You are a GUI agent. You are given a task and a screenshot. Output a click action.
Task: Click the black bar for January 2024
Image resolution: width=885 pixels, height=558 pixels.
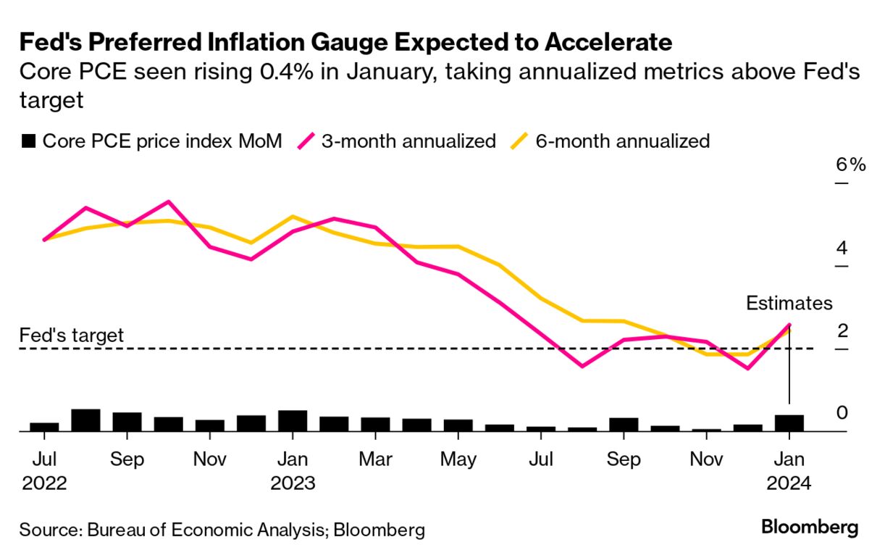point(789,423)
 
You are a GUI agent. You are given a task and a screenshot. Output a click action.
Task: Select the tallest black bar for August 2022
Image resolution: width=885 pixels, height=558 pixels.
point(85,420)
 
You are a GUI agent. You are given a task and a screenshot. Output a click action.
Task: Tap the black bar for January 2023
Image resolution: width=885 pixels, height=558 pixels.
point(293,421)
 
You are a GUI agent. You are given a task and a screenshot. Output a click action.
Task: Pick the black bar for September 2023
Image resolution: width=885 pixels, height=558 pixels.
point(624,425)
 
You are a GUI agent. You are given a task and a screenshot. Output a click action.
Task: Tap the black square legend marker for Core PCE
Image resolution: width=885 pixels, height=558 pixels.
point(28,141)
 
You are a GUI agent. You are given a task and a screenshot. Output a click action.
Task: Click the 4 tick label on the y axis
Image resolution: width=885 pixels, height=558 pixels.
point(842,248)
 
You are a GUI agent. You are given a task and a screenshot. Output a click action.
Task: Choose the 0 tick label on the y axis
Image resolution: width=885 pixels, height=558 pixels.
point(842,413)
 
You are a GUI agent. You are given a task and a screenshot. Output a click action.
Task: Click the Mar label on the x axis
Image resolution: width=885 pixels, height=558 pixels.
point(375,459)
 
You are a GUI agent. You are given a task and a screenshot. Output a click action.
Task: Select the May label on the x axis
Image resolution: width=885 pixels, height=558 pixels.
point(458,459)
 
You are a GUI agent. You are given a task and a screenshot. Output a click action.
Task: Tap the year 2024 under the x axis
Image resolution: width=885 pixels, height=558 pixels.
point(789,483)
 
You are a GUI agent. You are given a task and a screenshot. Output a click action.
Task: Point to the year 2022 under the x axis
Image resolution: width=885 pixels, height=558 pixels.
point(44,483)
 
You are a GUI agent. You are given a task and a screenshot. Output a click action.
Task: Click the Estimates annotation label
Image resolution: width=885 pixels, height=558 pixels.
point(789,304)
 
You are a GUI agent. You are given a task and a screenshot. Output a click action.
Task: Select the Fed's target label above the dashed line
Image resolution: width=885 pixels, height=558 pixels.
point(72,336)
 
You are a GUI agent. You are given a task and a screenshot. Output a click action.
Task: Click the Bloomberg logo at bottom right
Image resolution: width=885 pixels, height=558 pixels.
point(810,528)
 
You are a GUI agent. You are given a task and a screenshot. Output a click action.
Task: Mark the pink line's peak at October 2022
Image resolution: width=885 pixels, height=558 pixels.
point(168,201)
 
